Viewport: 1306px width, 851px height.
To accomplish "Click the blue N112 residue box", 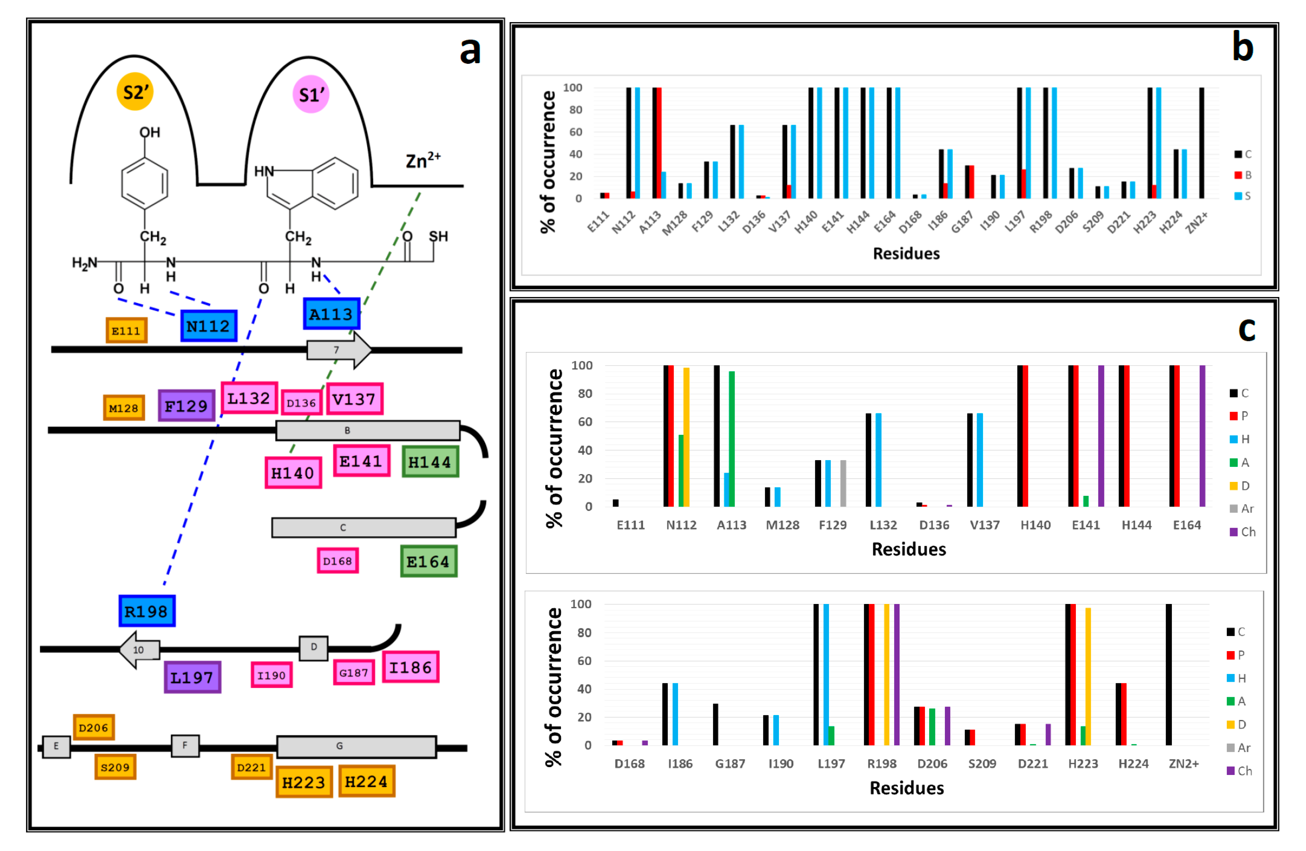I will tap(208, 326).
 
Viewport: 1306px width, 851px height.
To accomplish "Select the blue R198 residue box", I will tap(147, 611).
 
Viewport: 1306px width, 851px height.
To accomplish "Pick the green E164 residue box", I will tap(429, 561).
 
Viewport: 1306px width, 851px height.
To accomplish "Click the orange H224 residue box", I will tap(366, 781).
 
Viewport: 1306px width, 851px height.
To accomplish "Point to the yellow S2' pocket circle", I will tap(135, 92).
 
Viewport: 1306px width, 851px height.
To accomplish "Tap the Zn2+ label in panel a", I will tap(422, 160).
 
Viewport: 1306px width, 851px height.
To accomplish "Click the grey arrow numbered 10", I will tap(140, 650).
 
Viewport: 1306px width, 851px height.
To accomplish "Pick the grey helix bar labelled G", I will tap(357, 747).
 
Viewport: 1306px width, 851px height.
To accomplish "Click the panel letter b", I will tap(1242, 47).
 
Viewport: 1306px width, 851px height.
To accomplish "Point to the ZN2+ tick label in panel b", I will tap(1196, 223).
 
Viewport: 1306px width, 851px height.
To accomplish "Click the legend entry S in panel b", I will tap(1242, 196).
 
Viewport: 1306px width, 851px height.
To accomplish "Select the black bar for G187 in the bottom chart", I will tap(715, 724).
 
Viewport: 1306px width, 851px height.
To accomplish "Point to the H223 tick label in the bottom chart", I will tap(1083, 764).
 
